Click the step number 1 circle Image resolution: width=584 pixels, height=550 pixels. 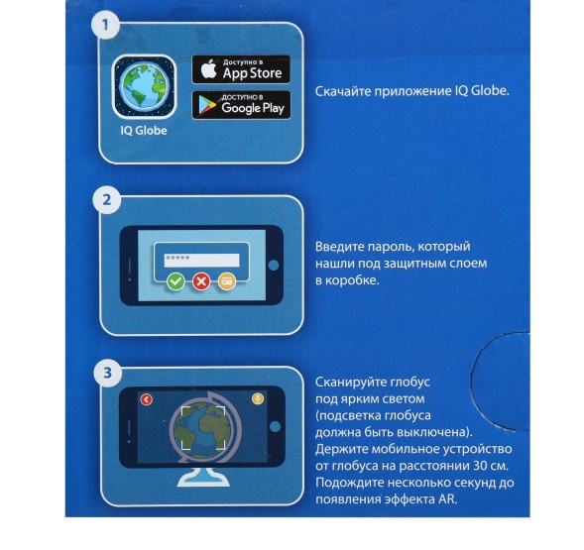tap(105, 26)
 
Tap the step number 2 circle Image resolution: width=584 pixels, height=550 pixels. tap(107, 200)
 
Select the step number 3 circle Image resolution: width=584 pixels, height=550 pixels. tap(108, 373)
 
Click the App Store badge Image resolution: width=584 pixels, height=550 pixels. tap(241, 69)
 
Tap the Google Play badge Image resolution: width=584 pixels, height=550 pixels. tap(241, 105)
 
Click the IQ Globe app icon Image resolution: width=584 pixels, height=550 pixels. tap(144, 87)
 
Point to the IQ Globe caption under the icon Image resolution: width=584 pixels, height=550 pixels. tap(144, 131)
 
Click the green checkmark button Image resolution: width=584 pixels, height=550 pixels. tap(175, 281)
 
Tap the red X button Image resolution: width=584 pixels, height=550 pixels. tap(201, 281)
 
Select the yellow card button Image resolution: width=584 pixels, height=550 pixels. tap(226, 281)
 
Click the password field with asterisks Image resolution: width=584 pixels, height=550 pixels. tap(201, 260)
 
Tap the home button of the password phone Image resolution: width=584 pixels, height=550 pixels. tap(274, 266)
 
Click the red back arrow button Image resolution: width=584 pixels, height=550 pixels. tap(147, 399)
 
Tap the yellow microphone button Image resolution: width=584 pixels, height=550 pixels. tap(258, 398)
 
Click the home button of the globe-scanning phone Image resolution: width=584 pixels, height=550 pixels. tap(275, 427)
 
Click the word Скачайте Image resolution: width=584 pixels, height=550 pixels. tap(343, 91)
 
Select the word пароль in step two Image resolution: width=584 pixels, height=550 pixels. tap(390, 248)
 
